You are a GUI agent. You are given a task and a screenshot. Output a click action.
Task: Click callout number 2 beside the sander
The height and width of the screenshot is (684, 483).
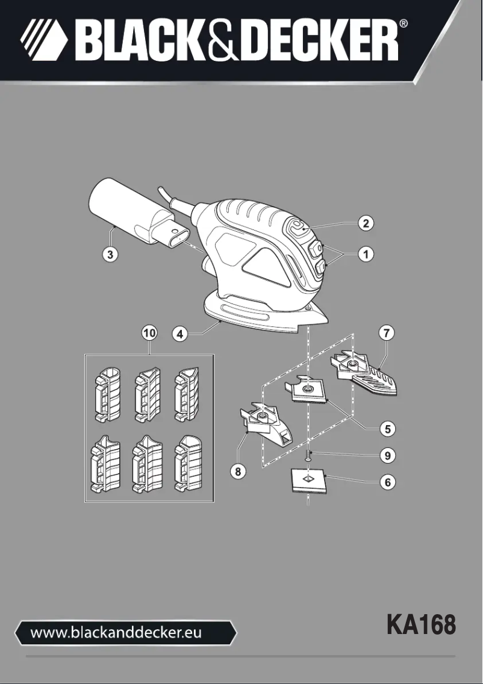pyautogui.click(x=365, y=223)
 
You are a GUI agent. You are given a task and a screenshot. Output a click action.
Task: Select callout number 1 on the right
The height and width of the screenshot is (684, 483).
pyautogui.click(x=365, y=254)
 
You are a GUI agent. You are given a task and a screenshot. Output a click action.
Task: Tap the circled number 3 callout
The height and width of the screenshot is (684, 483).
pyautogui.click(x=109, y=254)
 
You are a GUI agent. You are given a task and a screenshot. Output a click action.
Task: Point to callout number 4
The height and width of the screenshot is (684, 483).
pyautogui.click(x=179, y=333)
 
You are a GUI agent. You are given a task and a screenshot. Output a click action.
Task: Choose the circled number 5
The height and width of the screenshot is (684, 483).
pyautogui.click(x=388, y=429)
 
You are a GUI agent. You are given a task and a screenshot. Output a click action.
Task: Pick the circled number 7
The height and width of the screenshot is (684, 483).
pyautogui.click(x=386, y=332)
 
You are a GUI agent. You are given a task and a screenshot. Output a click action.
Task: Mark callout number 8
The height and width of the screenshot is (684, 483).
pyautogui.click(x=238, y=472)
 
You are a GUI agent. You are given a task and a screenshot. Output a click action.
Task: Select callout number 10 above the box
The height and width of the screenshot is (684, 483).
pyautogui.click(x=149, y=333)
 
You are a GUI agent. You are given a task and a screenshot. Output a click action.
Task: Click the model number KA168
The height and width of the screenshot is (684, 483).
pyautogui.click(x=421, y=625)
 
